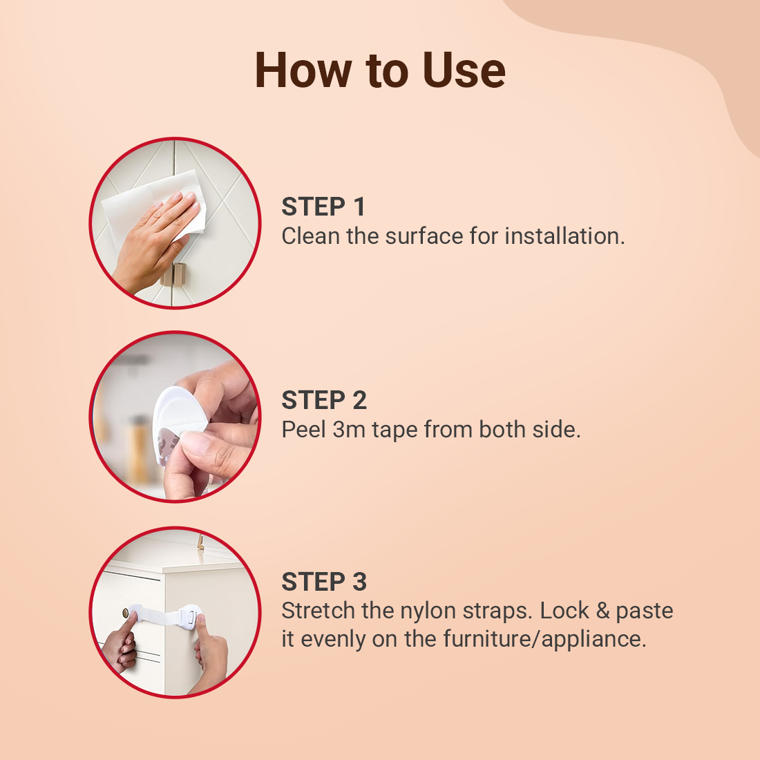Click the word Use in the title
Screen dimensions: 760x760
464,70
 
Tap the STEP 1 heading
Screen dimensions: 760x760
323,207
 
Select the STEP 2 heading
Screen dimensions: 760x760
324,400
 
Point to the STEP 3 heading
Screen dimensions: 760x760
324,582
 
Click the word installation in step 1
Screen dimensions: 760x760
564,236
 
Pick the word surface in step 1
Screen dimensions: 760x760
424,236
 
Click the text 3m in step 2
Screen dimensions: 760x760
349,430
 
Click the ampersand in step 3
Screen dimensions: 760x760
602,611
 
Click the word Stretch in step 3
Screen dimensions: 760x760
319,611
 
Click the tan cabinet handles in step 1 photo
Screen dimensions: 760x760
173,275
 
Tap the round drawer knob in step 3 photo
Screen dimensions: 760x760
126,613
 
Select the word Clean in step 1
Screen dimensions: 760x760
311,236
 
